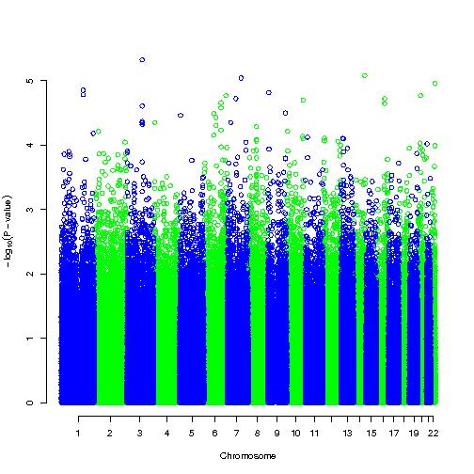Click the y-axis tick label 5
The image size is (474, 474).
[30, 81]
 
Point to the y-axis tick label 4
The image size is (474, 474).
[30, 145]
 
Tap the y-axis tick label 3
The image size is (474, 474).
[30, 209]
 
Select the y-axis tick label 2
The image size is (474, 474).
[30, 274]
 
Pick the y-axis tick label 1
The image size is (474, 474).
[30, 339]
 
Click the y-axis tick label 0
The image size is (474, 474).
[30, 403]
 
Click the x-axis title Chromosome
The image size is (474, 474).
[247, 456]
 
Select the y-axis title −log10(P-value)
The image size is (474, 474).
[8, 231]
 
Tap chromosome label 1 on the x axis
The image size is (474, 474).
[78, 434]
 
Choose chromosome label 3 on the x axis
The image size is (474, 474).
[140, 434]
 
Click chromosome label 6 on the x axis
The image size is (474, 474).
[214, 434]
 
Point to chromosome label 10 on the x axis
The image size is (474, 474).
[296, 434]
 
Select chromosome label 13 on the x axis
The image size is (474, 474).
[347, 434]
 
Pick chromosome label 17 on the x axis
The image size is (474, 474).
[394, 434]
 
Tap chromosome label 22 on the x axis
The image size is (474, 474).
[434, 434]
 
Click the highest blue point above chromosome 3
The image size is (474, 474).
[142, 60]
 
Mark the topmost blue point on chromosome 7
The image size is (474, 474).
[241, 78]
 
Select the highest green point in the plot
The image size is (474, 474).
[364, 75]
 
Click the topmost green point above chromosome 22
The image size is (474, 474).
[434, 84]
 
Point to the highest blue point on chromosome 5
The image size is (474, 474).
[181, 116]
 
